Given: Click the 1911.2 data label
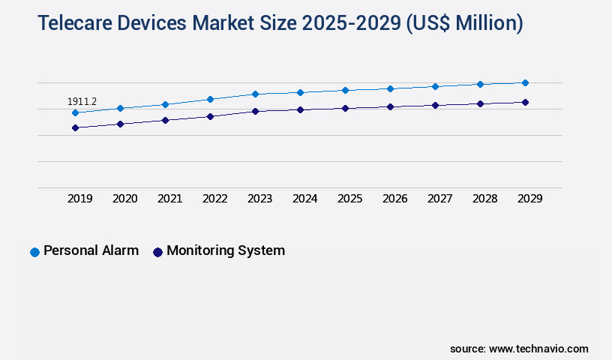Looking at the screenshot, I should (82, 101).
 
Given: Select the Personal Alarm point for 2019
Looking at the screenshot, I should (75, 112).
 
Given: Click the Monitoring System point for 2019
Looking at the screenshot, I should (75, 127).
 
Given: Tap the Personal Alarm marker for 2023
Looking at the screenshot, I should (255, 94).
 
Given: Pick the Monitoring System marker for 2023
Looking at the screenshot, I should (255, 111).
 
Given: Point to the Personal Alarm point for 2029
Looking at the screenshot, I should (525, 82).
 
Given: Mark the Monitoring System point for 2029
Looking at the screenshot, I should (525, 102).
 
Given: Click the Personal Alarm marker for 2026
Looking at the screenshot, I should (390, 88).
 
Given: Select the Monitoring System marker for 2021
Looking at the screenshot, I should (165, 120).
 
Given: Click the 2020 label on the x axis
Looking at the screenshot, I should (124, 199).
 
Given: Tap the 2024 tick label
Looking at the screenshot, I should (304, 199).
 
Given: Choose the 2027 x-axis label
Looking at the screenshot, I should (439, 199).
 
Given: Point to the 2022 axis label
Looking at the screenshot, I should (214, 199).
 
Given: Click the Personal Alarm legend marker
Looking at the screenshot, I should (34, 252).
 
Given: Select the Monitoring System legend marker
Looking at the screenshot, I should (157, 252).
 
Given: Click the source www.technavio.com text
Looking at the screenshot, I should (519, 349).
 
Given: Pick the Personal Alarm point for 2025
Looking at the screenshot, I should (345, 90).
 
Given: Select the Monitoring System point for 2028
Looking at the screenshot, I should (480, 103).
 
